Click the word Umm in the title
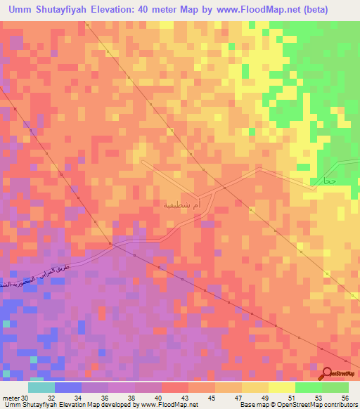22,9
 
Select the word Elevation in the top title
125,9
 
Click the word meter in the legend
10,397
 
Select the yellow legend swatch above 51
281,387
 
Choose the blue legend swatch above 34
67,387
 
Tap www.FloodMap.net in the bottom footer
168,405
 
